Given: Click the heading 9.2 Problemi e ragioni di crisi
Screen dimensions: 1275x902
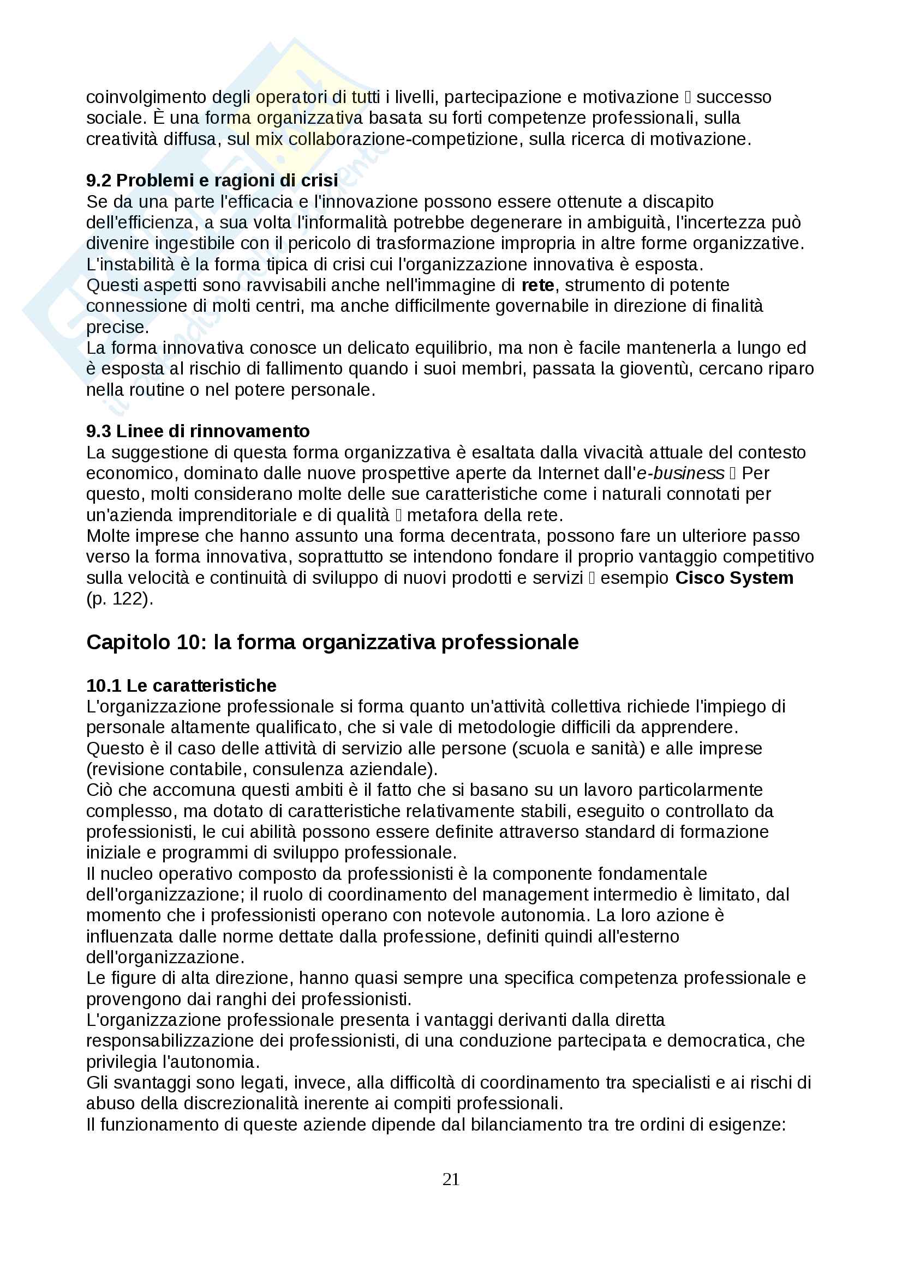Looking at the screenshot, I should pyautogui.click(x=212, y=180).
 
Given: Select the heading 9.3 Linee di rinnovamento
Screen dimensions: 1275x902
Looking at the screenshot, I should pyautogui.click(x=198, y=431).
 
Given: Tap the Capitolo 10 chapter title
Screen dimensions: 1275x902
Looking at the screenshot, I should pyautogui.click(x=332, y=642).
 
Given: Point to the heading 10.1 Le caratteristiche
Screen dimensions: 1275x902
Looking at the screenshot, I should pyautogui.click(x=181, y=685).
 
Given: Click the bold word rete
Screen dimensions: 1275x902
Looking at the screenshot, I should pyautogui.click(x=537, y=285).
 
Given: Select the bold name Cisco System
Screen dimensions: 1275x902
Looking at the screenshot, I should pyautogui.click(x=734, y=577).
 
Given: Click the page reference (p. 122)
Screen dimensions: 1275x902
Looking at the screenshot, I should pyautogui.click(x=120, y=599).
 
